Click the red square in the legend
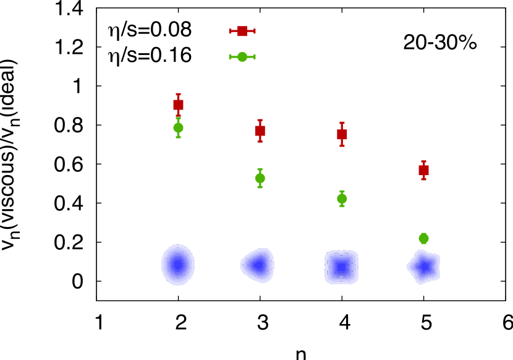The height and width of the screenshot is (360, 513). click(242, 31)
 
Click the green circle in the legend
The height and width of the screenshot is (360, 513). click(242, 57)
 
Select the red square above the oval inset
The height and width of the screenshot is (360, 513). click(178, 105)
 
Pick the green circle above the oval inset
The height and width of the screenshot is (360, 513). click(178, 127)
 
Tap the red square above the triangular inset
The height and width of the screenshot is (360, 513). click(260, 131)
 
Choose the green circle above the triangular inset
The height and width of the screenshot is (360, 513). click(260, 178)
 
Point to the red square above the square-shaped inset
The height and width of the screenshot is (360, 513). click(342, 134)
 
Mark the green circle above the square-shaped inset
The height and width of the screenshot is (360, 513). click(342, 199)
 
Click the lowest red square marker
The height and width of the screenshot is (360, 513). click(423, 170)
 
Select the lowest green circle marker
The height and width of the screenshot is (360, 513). click(423, 238)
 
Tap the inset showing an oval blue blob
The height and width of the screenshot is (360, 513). click(177, 265)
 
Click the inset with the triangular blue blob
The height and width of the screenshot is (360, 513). click(258, 265)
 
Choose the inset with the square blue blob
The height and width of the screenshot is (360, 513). click(341, 267)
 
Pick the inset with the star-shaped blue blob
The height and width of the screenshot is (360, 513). click(425, 268)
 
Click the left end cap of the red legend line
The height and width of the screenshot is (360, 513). click(230, 31)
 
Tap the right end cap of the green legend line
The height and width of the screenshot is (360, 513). click(254, 57)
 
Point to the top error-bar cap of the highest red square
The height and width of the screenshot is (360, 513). click(178, 94)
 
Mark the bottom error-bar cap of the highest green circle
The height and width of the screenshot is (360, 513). click(178, 137)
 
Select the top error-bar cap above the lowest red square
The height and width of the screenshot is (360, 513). click(423, 161)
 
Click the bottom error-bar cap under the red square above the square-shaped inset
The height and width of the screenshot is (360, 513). click(342, 145)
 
